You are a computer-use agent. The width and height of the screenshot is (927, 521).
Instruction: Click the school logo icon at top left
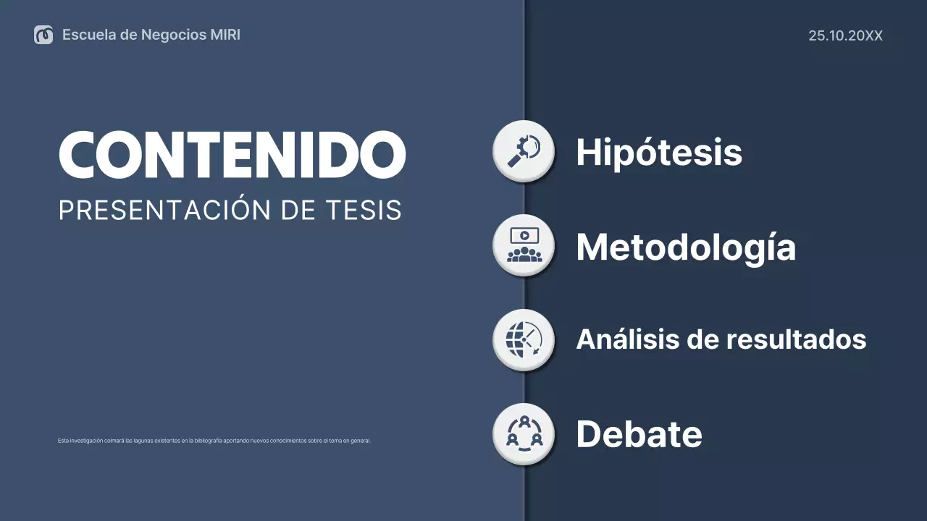[43, 35]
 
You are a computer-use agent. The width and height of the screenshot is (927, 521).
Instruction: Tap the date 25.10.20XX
[845, 35]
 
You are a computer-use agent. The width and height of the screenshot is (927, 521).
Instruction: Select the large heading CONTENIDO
[232, 154]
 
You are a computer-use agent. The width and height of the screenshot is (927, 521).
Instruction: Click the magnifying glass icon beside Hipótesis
[524, 151]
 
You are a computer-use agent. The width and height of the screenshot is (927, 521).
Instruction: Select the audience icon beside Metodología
[524, 245]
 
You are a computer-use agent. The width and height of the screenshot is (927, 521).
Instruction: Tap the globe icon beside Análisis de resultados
[524, 339]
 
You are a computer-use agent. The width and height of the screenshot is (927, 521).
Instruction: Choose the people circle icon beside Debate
[524, 433]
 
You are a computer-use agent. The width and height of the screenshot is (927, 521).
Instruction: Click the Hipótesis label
[659, 153]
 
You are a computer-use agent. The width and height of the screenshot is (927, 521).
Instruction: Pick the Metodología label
[686, 247]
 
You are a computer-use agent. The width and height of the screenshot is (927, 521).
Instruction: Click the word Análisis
[626, 339]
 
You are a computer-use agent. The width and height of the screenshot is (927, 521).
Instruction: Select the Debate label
[639, 434]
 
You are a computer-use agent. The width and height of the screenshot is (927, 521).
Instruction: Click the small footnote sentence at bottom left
[214, 441]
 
